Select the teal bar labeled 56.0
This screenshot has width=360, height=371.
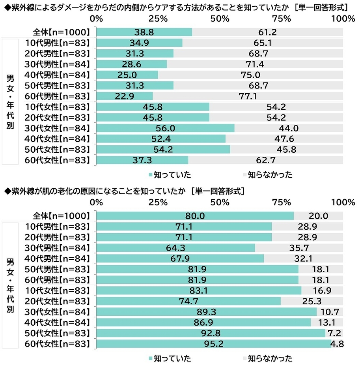165,128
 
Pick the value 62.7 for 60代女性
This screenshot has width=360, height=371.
265,160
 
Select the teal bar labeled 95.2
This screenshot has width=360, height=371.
214,344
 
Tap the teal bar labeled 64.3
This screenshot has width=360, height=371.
175,248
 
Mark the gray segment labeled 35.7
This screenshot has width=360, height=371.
298,248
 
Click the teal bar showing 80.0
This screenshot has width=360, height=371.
195,216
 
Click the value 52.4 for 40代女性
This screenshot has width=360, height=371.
161,139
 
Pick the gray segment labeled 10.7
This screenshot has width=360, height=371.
330,312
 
